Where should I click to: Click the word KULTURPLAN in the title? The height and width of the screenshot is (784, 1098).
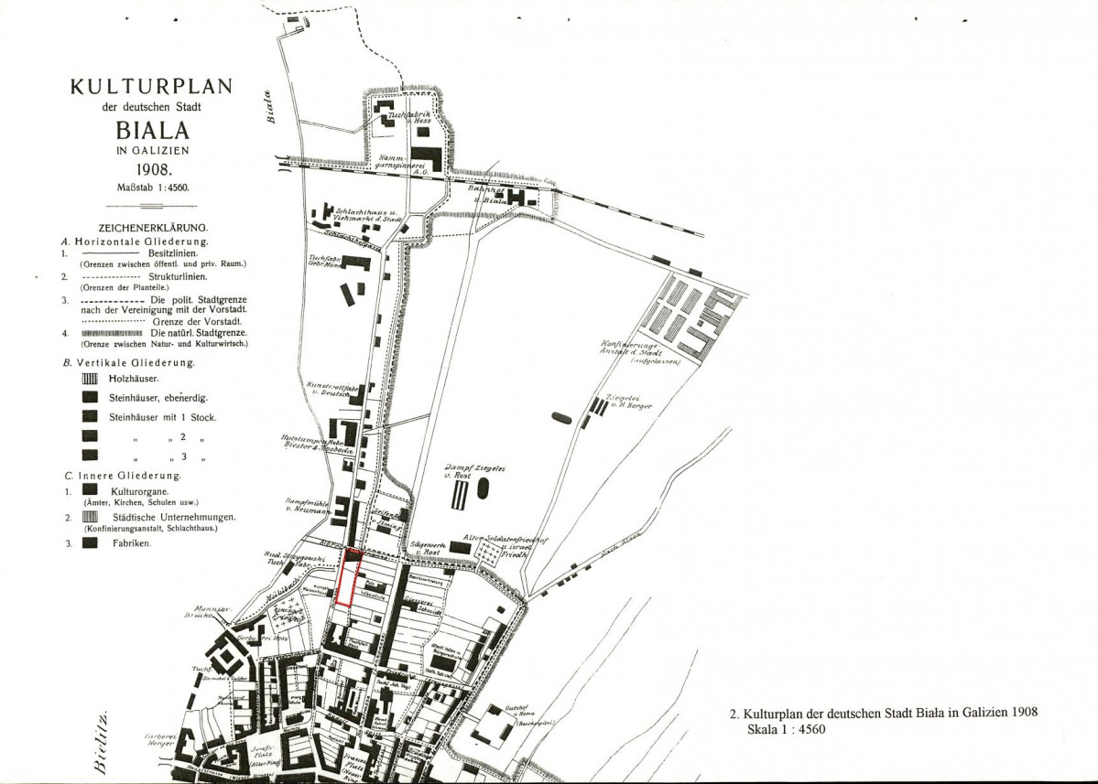coord(152,87)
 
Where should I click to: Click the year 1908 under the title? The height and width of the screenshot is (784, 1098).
coord(152,169)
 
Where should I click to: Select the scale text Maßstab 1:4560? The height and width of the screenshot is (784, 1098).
coord(152,188)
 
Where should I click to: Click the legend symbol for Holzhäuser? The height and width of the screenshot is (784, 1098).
coord(90,378)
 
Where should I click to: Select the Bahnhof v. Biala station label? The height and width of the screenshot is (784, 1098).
coord(491,193)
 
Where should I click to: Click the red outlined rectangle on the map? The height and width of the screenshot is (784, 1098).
coord(346,578)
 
